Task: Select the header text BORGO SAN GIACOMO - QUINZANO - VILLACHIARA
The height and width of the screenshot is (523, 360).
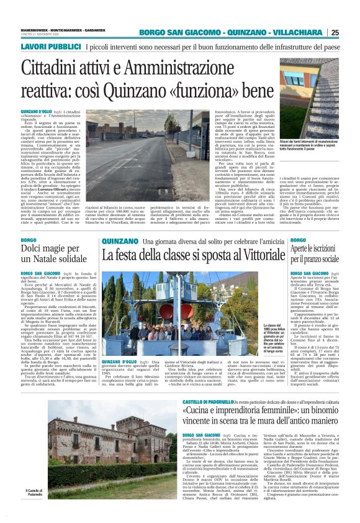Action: point(232,32)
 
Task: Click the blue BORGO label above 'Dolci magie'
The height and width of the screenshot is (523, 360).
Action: point(29,240)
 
